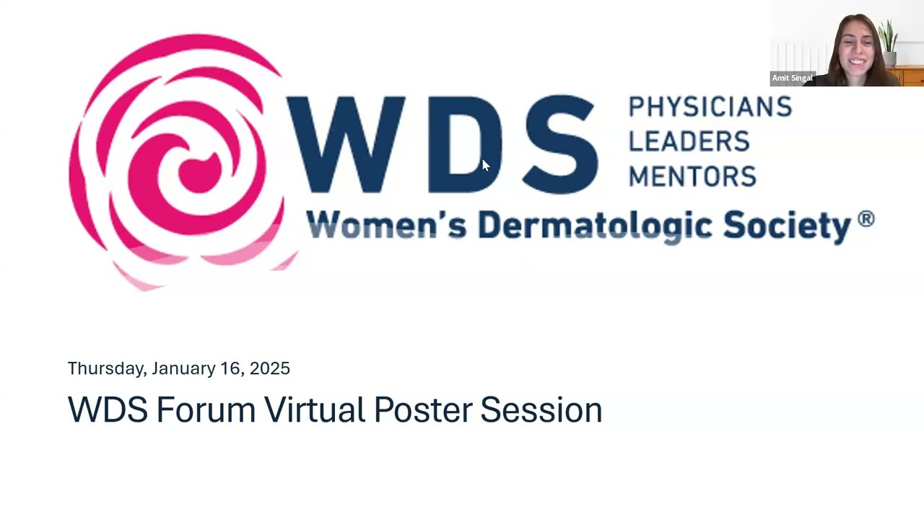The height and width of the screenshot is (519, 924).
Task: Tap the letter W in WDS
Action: pyautogui.click(x=346, y=144)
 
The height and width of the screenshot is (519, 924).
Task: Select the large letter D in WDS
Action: pyautogui.click(x=466, y=144)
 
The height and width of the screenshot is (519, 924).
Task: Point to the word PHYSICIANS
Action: pyautogui.click(x=710, y=107)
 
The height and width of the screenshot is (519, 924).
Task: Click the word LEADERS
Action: pyautogui.click(x=689, y=141)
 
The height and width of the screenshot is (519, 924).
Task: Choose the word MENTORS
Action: pyautogui.click(x=692, y=176)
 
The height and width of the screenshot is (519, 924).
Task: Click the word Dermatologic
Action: pyautogui.click(x=596, y=226)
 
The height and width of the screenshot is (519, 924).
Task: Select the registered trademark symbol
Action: pyautogui.click(x=866, y=218)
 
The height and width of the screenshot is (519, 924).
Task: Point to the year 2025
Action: pyautogui.click(x=270, y=368)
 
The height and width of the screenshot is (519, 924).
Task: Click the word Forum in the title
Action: pyautogui.click(x=206, y=409)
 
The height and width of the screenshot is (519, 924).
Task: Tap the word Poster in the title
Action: pyautogui.click(x=423, y=409)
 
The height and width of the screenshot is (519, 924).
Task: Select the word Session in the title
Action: pyautogui.click(x=541, y=409)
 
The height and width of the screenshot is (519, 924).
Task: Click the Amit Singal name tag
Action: pyautogui.click(x=793, y=79)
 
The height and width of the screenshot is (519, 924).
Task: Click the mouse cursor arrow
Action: pyautogui.click(x=486, y=165)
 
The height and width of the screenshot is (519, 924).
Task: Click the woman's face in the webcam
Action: pyautogui.click(x=857, y=51)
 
